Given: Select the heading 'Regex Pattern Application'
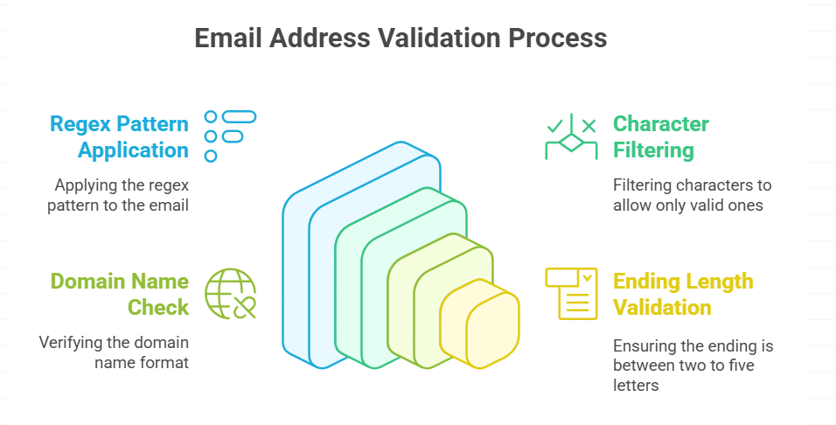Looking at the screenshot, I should (x=119, y=136).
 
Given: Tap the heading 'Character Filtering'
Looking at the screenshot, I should (x=660, y=136).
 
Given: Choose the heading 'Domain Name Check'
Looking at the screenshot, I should (x=119, y=294).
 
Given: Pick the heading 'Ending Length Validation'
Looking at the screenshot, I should (x=682, y=294).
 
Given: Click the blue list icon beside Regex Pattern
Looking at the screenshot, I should (x=229, y=136).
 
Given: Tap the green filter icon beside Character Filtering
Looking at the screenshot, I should (x=571, y=136).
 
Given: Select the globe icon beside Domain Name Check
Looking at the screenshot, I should (x=230, y=293).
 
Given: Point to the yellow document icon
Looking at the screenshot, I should (x=571, y=293).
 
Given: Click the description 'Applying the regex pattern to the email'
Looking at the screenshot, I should (x=122, y=195).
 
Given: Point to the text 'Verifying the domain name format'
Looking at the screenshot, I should (x=114, y=352).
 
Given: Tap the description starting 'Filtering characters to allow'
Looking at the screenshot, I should (x=693, y=195).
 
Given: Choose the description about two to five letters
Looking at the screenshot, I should (x=693, y=366).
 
